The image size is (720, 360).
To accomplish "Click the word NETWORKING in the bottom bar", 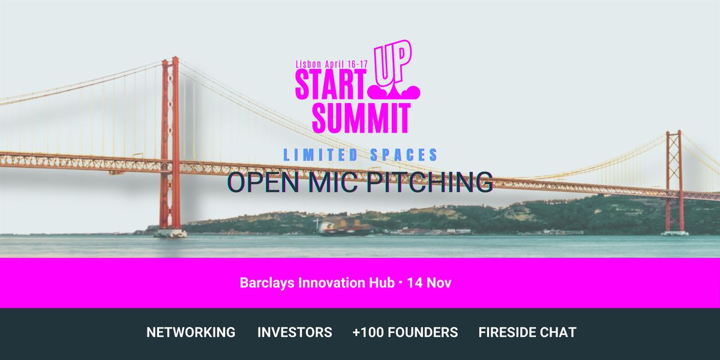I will (x=191, y=332).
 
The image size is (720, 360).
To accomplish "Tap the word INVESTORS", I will (x=295, y=332).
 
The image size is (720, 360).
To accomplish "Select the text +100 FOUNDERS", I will (x=405, y=332).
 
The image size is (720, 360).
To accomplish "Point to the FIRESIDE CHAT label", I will (x=527, y=332).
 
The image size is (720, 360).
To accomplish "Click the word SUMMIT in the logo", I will (x=361, y=118).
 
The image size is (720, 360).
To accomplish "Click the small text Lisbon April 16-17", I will (x=332, y=64).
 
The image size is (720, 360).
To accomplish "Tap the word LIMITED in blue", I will (x=321, y=155).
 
